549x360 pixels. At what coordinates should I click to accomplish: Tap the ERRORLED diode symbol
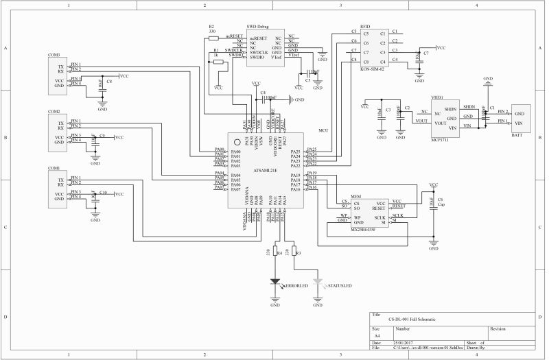point(275,281)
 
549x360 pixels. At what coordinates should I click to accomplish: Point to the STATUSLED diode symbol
point(317,281)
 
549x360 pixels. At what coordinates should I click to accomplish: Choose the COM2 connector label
point(54,112)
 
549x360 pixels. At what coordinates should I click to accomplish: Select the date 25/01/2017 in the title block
point(403,341)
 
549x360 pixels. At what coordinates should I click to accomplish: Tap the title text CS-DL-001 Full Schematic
point(412,320)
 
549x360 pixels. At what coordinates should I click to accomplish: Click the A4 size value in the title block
point(375,336)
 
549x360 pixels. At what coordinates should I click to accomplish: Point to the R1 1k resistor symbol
point(219,62)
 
